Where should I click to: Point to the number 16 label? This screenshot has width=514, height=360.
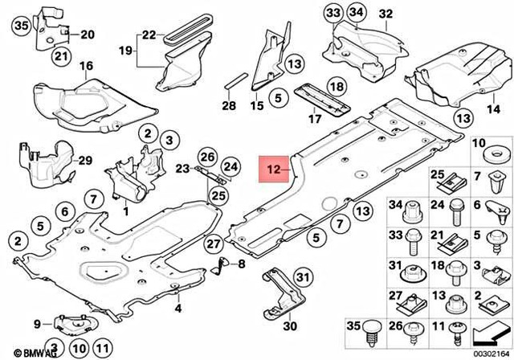click(x=86, y=65)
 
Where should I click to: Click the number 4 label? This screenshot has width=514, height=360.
click(x=178, y=308)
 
